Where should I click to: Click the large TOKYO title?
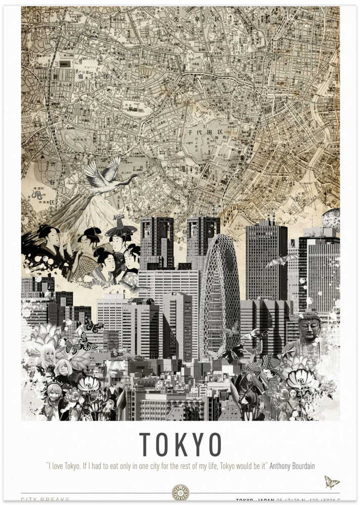click(x=180, y=444)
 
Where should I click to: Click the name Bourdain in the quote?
click(x=300, y=466)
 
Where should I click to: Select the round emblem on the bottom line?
click(x=180, y=492)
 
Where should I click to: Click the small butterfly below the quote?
click(x=331, y=482)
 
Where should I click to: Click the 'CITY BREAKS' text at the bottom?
click(x=45, y=500)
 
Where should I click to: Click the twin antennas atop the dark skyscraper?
click(x=272, y=218)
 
